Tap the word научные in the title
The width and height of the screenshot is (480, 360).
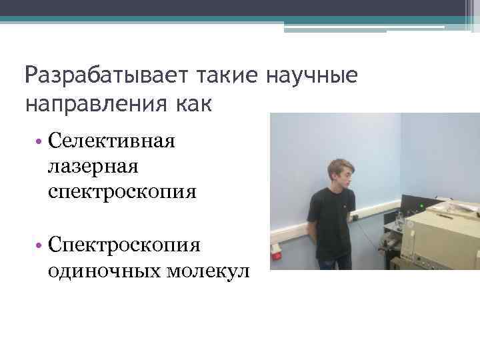tap(312, 76)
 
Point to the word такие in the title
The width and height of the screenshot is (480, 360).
tap(225, 76)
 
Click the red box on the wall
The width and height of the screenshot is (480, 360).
tap(277, 253)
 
